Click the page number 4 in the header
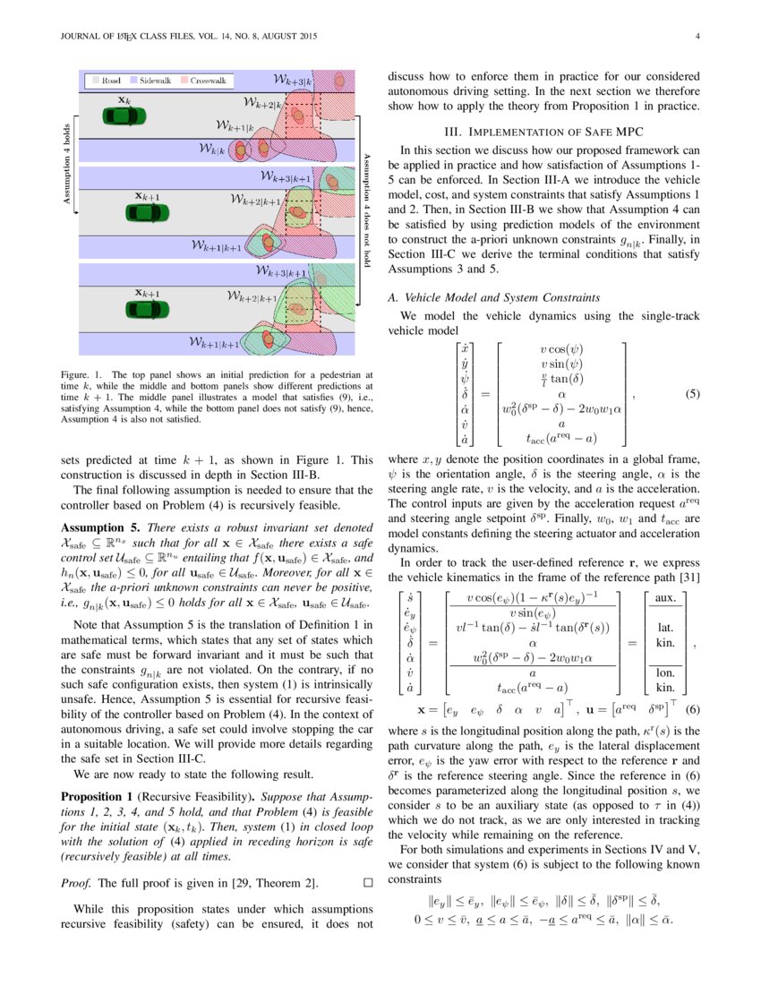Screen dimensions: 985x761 click(697, 37)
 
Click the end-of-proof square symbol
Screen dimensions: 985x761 click(367, 882)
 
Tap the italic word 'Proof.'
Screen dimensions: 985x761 click(76, 883)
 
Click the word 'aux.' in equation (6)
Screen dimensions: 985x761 click(665, 597)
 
